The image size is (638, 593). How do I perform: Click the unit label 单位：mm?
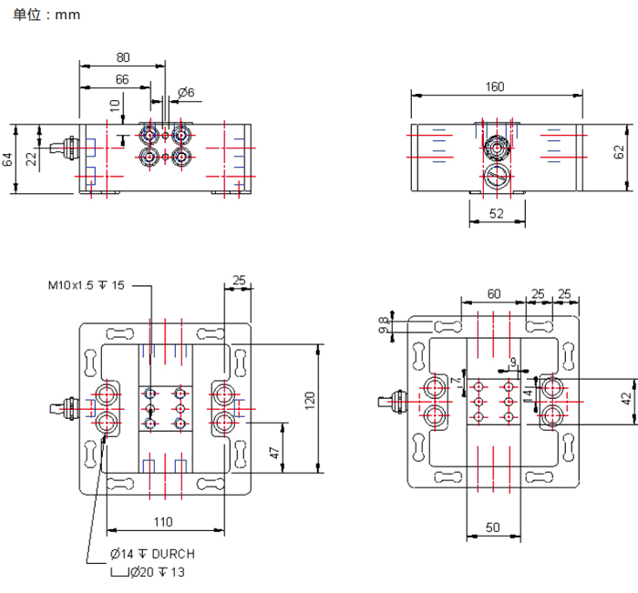(46, 15)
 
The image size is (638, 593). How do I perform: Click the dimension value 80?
(123, 57)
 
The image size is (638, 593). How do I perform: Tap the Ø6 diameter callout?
(186, 93)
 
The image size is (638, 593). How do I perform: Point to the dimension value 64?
(8, 159)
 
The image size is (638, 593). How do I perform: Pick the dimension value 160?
(495, 87)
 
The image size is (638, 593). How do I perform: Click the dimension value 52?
(497, 213)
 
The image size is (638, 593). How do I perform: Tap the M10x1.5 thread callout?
(86, 285)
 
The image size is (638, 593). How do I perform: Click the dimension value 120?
(309, 398)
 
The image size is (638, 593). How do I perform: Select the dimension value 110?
(163, 522)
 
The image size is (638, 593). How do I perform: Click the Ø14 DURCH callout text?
(152, 554)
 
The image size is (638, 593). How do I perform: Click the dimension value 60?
(493, 293)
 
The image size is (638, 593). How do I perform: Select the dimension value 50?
(492, 527)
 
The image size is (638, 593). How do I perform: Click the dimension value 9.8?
(385, 325)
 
